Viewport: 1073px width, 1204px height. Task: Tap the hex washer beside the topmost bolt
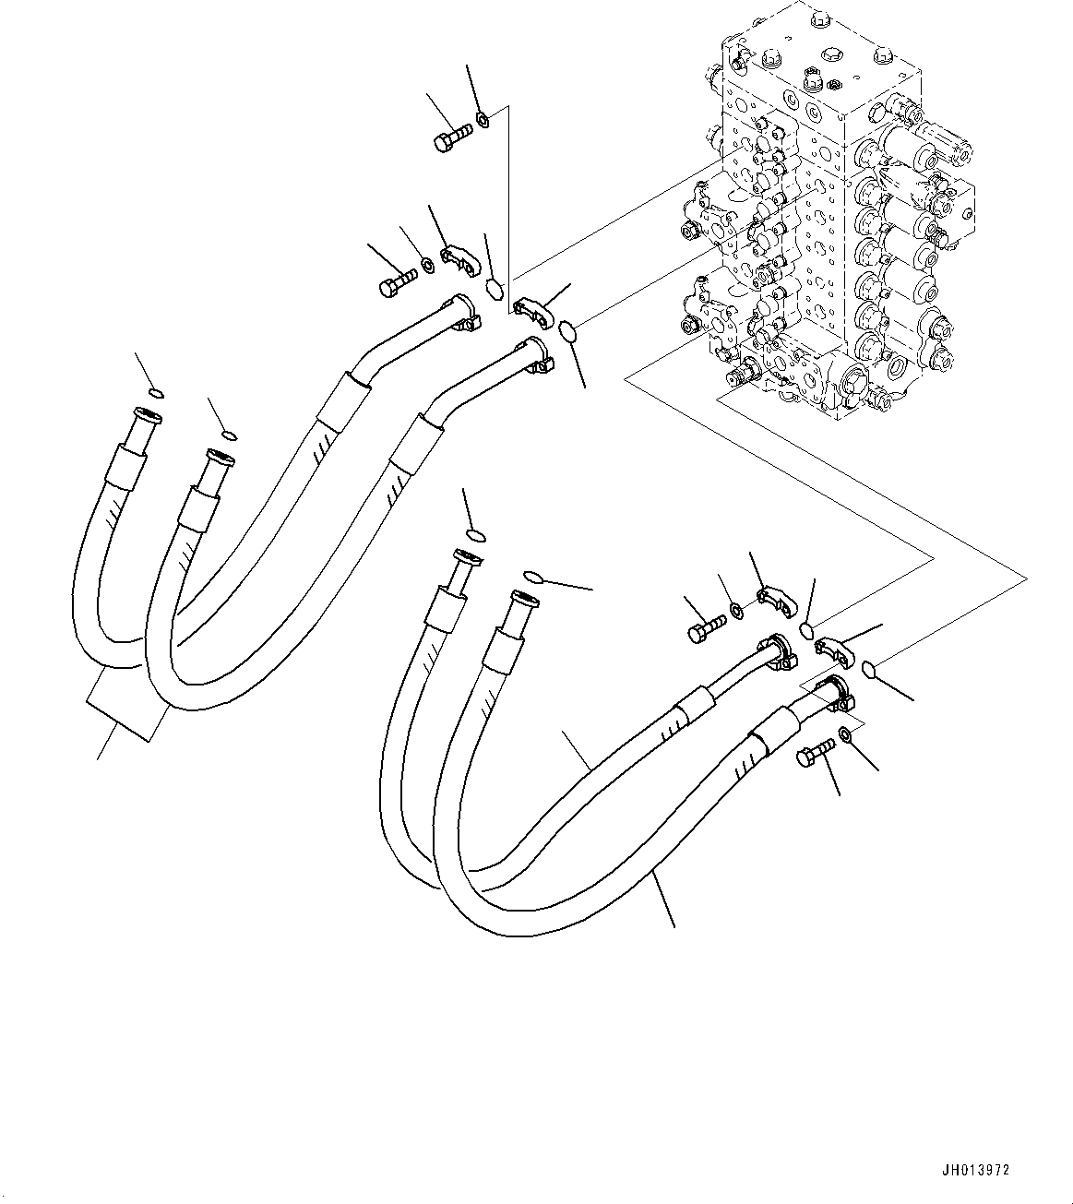pos(483,118)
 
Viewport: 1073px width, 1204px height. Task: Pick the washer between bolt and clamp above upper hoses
pos(428,267)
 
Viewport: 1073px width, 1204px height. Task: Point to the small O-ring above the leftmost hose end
pos(155,394)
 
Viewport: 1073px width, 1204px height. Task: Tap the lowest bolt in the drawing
pos(813,754)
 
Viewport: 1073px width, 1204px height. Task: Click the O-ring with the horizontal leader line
pos(532,578)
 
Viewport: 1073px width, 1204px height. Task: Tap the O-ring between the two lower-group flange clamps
pos(805,630)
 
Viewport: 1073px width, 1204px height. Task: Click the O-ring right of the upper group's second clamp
pos(568,329)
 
